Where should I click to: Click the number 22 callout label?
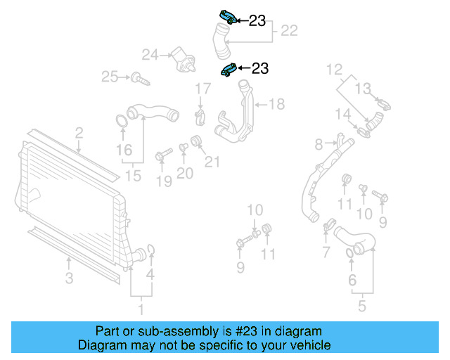[x=289, y=31]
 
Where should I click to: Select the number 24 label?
[x=150, y=54]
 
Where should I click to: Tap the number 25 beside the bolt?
[x=110, y=77]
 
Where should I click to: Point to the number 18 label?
[x=276, y=105]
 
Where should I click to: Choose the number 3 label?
[x=69, y=279]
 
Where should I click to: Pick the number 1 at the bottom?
[x=140, y=308]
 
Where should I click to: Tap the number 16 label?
[x=124, y=150]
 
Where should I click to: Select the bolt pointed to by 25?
[x=143, y=79]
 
